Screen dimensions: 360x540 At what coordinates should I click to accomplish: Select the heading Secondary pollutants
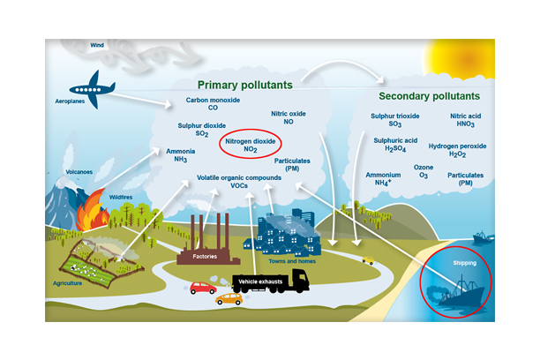click(429, 96)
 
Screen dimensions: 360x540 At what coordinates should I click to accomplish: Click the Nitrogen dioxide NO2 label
click(251, 146)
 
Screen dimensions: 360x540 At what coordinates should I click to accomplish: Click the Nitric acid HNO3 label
click(466, 121)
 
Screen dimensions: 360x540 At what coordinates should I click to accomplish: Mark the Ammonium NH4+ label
click(382, 179)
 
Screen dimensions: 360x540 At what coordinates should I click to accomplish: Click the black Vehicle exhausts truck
click(273, 281)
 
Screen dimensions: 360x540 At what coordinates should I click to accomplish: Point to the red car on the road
click(203, 288)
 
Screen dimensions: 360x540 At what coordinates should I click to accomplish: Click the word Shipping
click(464, 263)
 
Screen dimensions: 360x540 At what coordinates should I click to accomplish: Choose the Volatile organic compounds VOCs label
click(239, 182)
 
